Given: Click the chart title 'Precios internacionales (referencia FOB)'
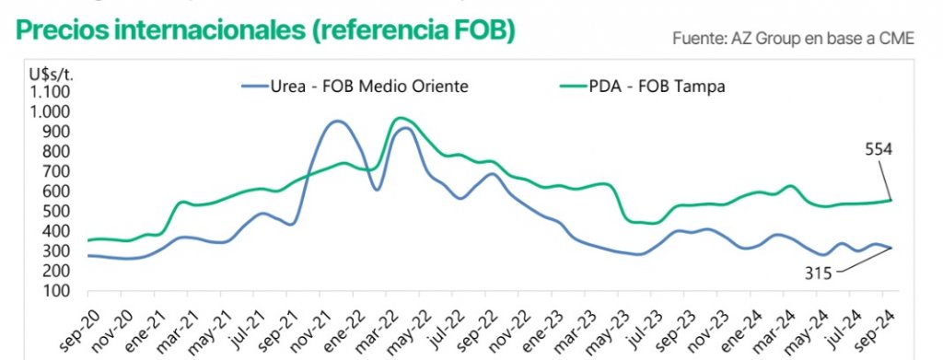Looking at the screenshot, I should [265, 30].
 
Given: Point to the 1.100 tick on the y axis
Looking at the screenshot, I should [51, 91].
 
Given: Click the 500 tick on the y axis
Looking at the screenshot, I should [57, 211].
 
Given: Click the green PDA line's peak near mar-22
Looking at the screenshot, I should [400, 118].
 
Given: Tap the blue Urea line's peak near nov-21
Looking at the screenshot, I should [338, 121].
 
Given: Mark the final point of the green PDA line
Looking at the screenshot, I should [891, 200].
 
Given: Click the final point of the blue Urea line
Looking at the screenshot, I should [891, 248].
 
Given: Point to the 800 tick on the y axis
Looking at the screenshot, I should [57, 151].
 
